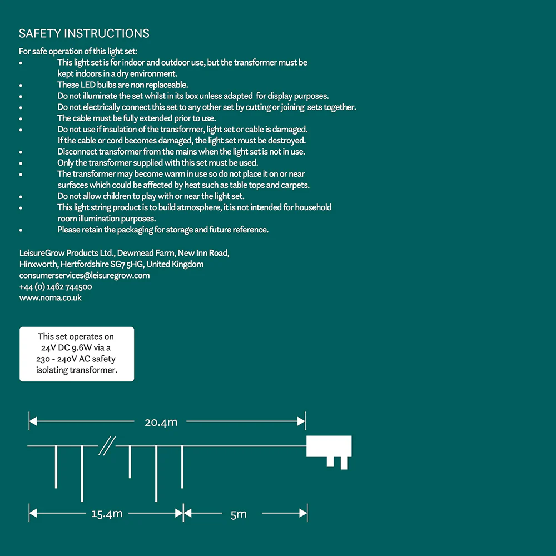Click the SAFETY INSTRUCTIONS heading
[x=84, y=33]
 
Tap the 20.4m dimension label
[x=161, y=422]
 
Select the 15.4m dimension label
[x=107, y=514]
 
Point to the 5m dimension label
[x=238, y=514]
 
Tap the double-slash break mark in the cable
[x=107, y=446]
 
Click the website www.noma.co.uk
[x=51, y=297]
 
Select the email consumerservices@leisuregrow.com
[x=85, y=275]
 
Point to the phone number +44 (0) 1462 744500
[x=56, y=287]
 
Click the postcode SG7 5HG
[x=127, y=264]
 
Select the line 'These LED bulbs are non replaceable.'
[x=122, y=85]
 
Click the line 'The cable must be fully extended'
[x=136, y=118]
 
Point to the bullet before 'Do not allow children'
[x=21, y=197]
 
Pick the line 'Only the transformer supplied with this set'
[x=157, y=163]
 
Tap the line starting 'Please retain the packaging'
[x=162, y=230]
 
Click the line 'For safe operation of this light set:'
[x=74, y=52]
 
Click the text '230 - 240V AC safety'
[x=76, y=359]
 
